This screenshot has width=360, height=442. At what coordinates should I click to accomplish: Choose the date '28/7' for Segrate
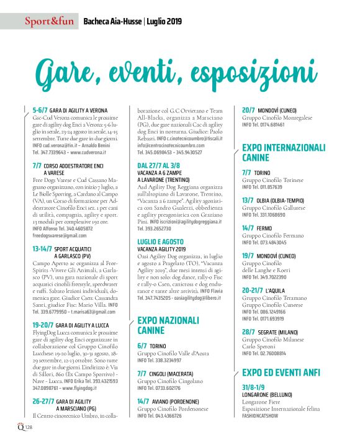248,332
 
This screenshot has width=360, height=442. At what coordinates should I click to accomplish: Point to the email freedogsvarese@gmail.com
60,236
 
